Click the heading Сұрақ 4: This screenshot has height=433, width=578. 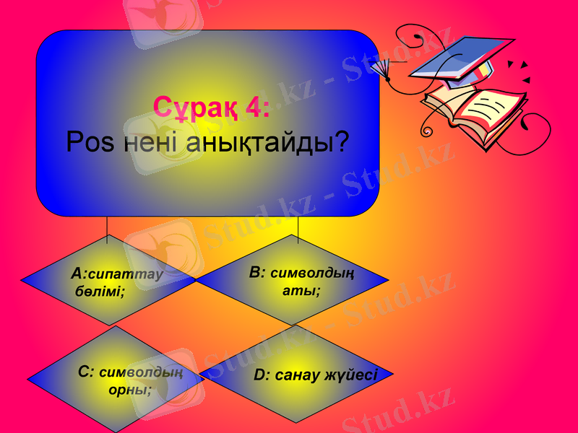pos(212,108)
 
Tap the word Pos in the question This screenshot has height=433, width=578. pos(90,142)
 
